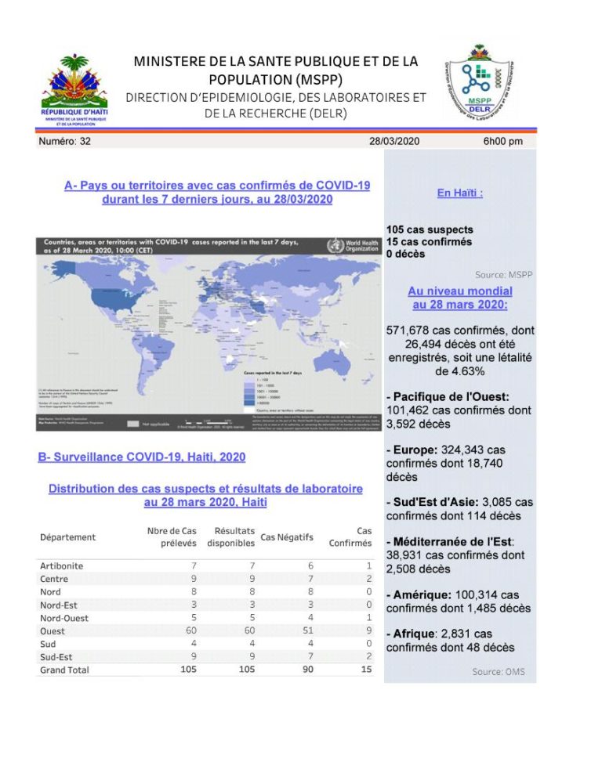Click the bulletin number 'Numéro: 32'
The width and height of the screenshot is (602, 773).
(65, 142)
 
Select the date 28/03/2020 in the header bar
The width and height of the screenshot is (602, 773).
(394, 142)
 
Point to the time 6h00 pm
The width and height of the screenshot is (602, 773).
(503, 142)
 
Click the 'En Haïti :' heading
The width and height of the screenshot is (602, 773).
(459, 193)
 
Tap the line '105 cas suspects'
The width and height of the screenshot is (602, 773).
(430, 229)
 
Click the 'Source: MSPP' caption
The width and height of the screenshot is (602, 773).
(504, 275)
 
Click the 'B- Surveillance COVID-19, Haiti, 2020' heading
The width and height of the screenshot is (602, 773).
(142, 457)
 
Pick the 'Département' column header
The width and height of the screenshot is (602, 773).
(67, 537)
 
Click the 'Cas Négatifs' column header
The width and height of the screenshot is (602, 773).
(288, 537)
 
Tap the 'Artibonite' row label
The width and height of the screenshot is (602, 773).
(61, 566)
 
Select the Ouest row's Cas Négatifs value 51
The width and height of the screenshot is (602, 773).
(308, 631)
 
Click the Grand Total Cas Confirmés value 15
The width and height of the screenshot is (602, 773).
(366, 670)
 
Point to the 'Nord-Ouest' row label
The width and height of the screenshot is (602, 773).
(64, 618)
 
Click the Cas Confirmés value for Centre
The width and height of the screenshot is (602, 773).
(368, 579)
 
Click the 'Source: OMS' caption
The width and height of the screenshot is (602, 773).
(499, 672)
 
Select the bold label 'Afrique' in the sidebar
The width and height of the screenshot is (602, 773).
(411, 633)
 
